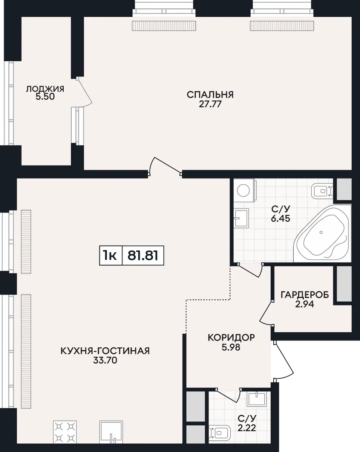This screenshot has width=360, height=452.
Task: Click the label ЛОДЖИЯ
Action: point(45,89)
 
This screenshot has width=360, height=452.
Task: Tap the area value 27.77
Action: point(210,104)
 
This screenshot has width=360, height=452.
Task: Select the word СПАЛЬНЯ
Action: point(210,95)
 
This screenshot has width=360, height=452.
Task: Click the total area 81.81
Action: point(143,256)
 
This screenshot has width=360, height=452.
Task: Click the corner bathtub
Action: point(322,233)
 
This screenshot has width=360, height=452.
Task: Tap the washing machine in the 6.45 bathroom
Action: point(245,190)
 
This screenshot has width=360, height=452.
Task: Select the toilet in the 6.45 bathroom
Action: point(322,191)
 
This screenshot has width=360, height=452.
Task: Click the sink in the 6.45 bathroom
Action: point(241,218)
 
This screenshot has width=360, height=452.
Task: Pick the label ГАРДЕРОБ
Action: point(305,295)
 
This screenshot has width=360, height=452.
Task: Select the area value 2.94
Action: point(305,304)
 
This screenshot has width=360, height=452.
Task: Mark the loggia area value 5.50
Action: point(45,97)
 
